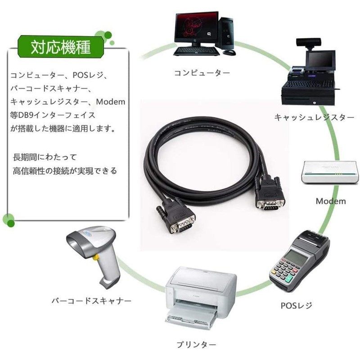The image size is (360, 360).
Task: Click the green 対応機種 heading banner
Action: coord(60,46)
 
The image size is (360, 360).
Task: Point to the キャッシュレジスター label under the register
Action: coord(314,117)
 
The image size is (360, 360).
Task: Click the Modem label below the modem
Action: coord(330,201)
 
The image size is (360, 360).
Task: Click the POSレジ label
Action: coord(296,306)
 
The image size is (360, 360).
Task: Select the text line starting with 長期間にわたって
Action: coord(45,157)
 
